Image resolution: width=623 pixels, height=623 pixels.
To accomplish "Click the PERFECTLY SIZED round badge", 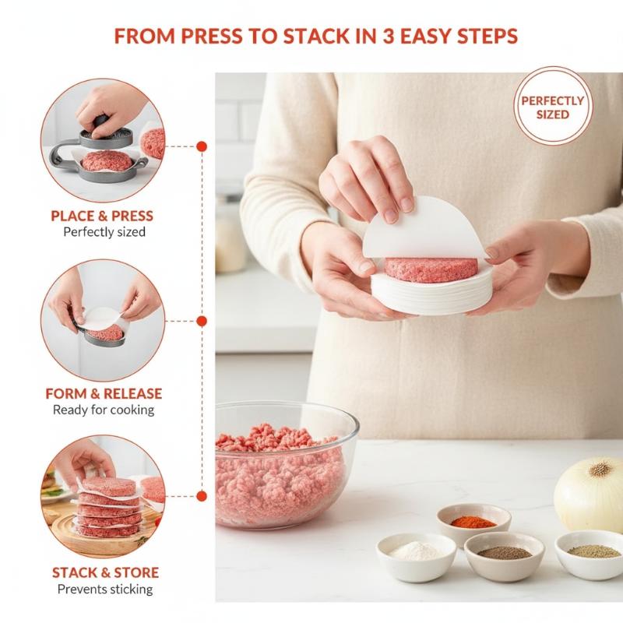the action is tap(553, 106).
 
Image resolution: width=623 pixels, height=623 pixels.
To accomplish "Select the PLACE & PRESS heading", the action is tap(102, 216).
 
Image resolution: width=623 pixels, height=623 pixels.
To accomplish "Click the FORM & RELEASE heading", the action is tap(104, 393).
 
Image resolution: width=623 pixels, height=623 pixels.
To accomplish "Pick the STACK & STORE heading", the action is tap(105, 572).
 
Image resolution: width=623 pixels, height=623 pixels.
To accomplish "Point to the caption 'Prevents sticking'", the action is tap(105, 589).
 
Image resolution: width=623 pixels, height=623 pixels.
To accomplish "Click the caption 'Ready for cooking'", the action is tap(104, 410).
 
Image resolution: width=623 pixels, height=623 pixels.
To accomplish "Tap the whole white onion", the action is tap(589, 495).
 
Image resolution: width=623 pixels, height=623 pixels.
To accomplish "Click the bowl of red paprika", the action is tap(473, 523).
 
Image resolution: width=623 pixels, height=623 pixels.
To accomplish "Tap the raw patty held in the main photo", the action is tap(431, 269).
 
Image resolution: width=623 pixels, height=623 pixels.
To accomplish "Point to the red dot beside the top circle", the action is tap(202, 146).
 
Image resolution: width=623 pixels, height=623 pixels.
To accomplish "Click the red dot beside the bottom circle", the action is tap(202, 496).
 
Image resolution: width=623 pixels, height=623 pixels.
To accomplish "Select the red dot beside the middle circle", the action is tap(202, 321).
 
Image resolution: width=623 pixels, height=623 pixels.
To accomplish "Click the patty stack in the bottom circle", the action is tap(108, 508).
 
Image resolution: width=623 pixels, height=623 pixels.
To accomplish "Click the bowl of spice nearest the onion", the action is tap(589, 554).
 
